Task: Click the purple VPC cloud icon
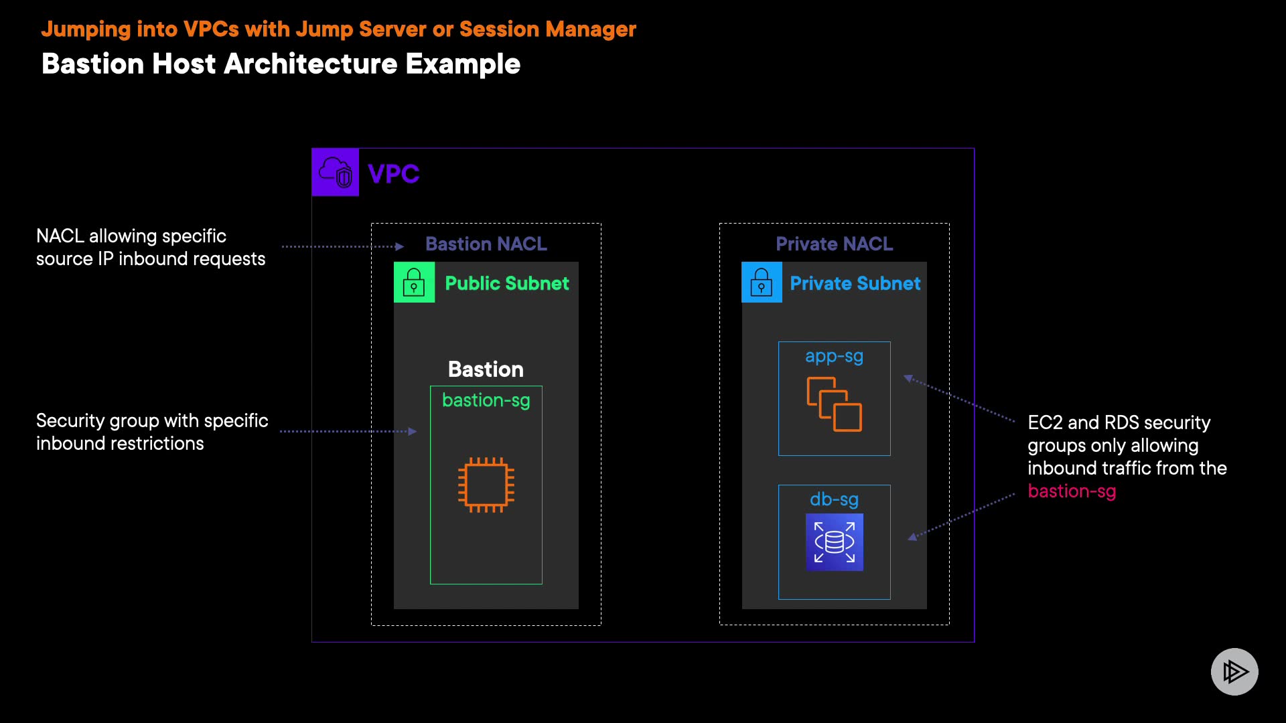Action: pos(336,173)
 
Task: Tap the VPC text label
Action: pos(394,174)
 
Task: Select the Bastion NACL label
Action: pos(486,244)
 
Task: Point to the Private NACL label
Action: pos(835,244)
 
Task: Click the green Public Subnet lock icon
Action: pos(414,283)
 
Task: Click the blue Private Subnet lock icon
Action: pos(762,283)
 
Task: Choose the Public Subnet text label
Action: pos(507,283)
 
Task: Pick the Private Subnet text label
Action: pos(855,283)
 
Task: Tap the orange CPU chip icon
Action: pos(486,485)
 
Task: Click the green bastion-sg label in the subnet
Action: pos(486,400)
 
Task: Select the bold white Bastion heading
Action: pos(486,369)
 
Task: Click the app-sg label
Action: pos(834,357)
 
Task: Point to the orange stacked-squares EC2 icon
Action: pos(835,404)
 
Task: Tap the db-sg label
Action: pos(834,499)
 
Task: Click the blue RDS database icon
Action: pos(835,542)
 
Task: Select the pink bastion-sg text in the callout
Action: pos(1072,491)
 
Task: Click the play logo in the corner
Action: pos(1234,671)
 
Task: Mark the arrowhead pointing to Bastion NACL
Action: pos(400,246)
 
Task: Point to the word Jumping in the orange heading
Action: pos(86,29)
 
